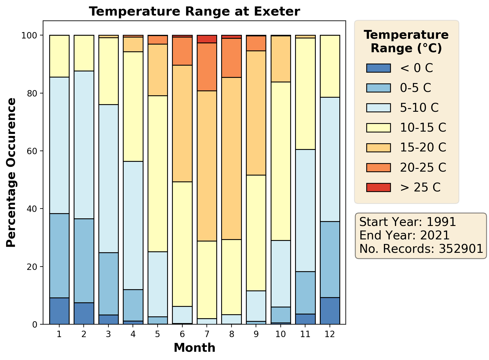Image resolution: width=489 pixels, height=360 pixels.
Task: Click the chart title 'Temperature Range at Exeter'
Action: click(194, 12)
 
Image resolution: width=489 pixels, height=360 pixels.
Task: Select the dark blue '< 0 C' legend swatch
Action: click(378, 68)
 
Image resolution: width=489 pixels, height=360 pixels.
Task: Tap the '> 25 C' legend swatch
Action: click(378, 187)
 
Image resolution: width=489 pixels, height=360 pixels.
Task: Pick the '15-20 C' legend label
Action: click(423, 147)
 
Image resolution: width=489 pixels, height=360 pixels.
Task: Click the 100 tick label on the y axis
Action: click(32, 35)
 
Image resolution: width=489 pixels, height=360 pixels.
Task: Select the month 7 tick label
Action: click(207, 334)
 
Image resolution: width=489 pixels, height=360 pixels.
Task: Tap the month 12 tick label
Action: click(330, 334)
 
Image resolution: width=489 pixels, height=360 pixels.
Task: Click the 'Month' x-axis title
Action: click(194, 348)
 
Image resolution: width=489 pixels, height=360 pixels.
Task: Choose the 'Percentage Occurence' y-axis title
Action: click(11, 173)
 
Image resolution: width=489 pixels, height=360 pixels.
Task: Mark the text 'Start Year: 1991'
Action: click(407, 222)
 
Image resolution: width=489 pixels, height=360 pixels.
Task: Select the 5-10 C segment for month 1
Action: click(59, 145)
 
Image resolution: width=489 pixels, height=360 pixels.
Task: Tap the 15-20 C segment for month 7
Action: click(207, 166)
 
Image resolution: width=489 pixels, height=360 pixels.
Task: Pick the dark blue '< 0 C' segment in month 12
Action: click(330, 311)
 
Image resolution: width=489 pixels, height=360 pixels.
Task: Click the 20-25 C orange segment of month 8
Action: click(232, 58)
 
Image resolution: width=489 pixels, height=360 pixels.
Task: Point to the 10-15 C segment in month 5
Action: click(158, 173)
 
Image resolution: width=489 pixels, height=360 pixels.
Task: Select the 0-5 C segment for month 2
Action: click(84, 260)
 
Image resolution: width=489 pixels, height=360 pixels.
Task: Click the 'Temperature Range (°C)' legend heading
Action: click(406, 42)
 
